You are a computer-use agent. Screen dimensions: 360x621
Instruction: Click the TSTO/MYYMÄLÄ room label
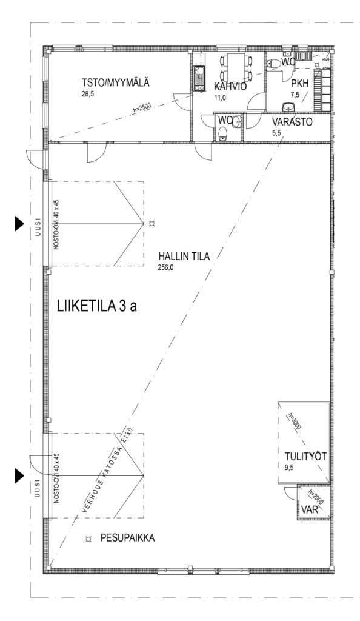[x=116, y=83]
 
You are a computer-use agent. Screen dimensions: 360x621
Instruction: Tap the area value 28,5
[x=87, y=94]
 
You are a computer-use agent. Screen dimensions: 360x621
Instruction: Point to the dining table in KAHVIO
[x=236, y=67]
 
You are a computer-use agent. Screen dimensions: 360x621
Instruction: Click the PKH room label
[x=299, y=84]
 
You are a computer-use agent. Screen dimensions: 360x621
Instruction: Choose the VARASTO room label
[x=292, y=122]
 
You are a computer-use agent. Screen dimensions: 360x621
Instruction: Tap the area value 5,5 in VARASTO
[x=276, y=133]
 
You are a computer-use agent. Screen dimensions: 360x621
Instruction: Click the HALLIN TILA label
[x=184, y=257]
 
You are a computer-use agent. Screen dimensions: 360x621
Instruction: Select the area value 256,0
[x=166, y=267]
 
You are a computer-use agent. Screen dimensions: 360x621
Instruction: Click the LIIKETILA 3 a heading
[x=97, y=306]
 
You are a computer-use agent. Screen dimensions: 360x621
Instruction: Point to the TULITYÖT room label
[x=305, y=457]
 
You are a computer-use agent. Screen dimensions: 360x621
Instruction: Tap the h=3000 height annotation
[x=295, y=421]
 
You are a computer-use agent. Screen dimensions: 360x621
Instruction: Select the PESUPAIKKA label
[x=127, y=539]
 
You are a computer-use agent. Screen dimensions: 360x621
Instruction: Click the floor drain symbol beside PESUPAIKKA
[x=89, y=539]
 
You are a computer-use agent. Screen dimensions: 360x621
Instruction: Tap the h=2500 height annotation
[x=141, y=108]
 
